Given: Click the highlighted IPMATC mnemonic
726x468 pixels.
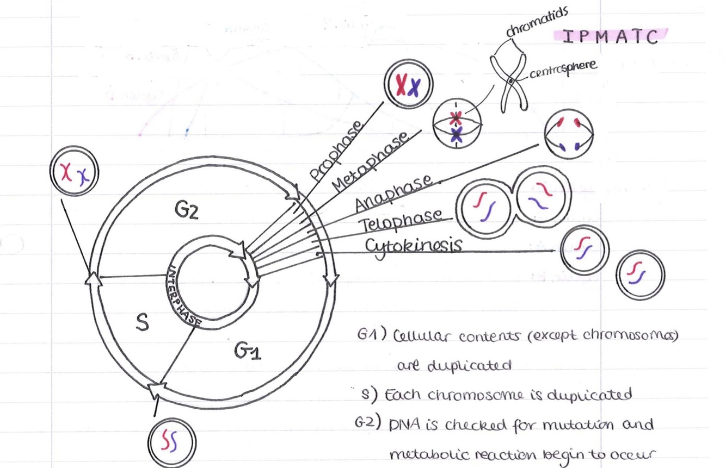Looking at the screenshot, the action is (610, 36).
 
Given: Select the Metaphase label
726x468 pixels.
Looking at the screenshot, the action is (371, 161).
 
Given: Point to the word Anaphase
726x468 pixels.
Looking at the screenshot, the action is (395, 192).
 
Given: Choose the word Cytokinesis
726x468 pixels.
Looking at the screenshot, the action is (414, 245).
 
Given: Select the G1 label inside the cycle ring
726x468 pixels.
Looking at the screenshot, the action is (248, 352).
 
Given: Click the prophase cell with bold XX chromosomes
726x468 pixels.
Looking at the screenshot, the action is (408, 85).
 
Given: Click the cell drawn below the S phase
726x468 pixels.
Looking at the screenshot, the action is (172, 439).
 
